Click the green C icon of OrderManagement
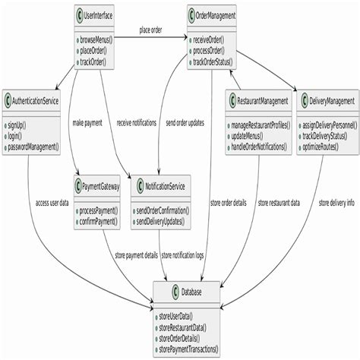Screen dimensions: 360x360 coord(193,14)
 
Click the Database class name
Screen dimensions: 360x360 coord(191,292)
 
